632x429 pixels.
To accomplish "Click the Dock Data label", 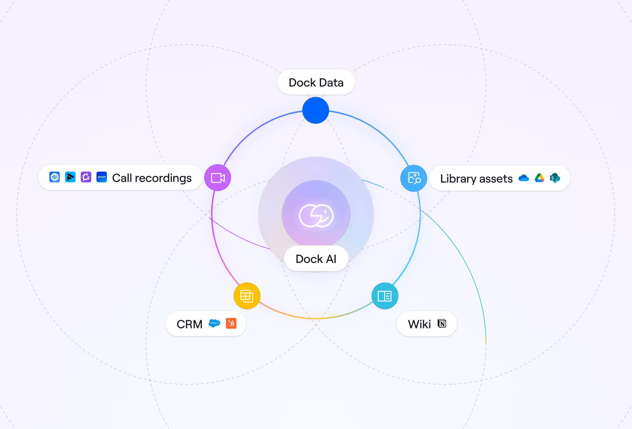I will click(x=316, y=83).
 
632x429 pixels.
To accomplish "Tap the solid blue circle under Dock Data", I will click(x=316, y=111).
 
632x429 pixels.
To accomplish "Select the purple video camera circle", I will click(x=218, y=178).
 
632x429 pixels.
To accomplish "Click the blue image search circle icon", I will click(x=414, y=178).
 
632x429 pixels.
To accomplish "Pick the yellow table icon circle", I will click(x=247, y=296).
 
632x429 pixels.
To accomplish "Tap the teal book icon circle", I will click(x=385, y=296).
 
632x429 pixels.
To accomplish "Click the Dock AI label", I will click(x=316, y=259).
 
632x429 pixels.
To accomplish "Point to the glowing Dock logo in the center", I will click(x=316, y=215).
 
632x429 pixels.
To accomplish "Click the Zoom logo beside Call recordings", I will click(x=102, y=177).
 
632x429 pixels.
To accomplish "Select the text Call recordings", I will click(x=152, y=178).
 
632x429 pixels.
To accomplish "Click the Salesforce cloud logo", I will click(x=215, y=323).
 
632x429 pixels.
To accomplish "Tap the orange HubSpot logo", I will click(x=231, y=323).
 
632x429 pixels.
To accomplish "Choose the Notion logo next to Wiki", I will click(x=442, y=323).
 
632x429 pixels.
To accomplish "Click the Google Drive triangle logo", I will click(x=539, y=178).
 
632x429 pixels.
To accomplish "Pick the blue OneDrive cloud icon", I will click(x=523, y=178).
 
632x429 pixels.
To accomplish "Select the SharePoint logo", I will click(x=555, y=178).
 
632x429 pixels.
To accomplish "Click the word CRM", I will click(x=190, y=324).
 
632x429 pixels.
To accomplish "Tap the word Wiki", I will click(x=419, y=324).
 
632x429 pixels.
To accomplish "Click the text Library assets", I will click(x=476, y=179).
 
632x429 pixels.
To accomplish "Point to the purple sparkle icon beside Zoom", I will click(x=86, y=177).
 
